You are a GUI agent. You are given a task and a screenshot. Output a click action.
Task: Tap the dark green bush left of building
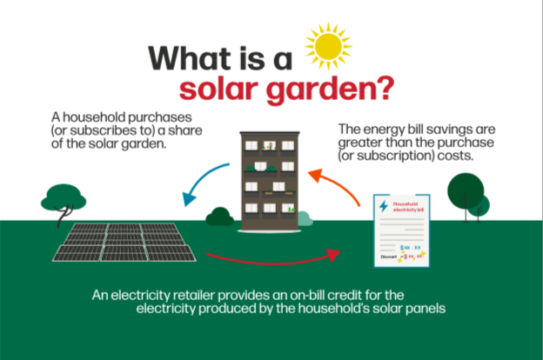pyautogui.click(x=218, y=216)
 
